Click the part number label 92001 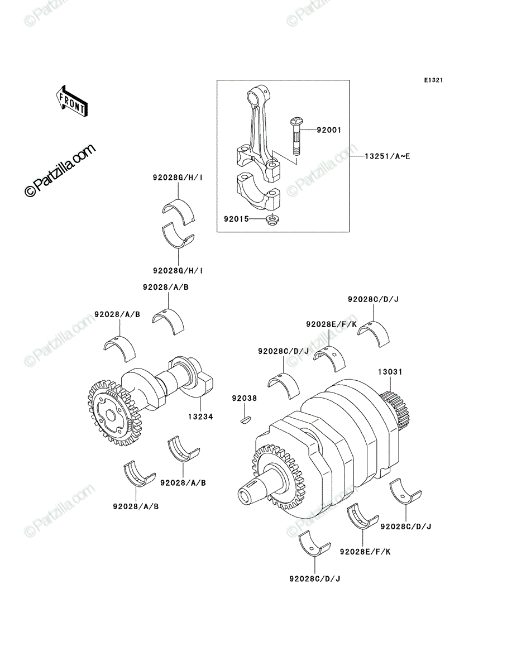point(329,130)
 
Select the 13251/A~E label point(387,156)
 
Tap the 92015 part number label point(236,219)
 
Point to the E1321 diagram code point(433,80)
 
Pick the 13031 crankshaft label point(390,372)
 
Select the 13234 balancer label point(200,417)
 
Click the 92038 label point(245,398)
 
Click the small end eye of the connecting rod point(259,94)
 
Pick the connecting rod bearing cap point(258,192)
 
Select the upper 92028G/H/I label point(178,178)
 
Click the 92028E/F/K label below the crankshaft point(365,552)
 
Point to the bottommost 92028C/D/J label point(315,578)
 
